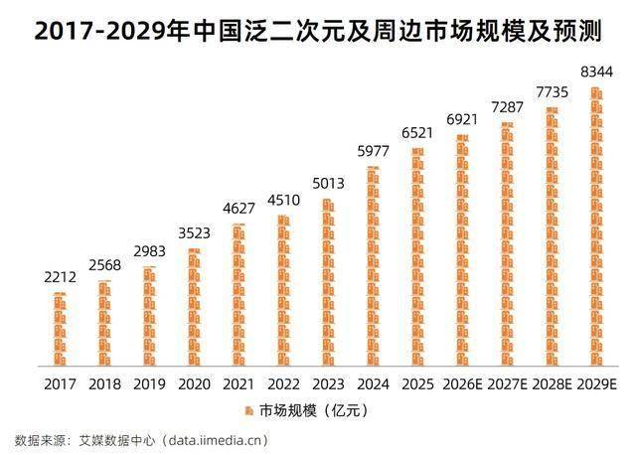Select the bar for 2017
pos(60,330)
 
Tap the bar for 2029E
pos(596,228)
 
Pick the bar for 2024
pos(373,268)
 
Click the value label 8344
pos(596,72)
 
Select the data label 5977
pos(373,151)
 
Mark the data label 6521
pos(417,132)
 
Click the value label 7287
pos(507,106)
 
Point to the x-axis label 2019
pos(149,384)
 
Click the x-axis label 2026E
pos(462,384)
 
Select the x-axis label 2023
pos(328,384)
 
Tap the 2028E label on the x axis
pos(552,384)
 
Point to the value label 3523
pos(194,233)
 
